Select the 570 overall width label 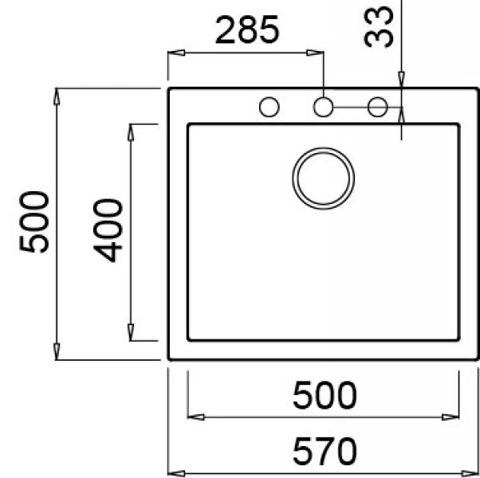point(323,452)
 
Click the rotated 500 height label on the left point(35,222)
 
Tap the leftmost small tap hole point(269,106)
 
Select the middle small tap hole point(322,106)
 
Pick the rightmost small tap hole point(377,106)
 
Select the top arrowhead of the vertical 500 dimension point(57,94)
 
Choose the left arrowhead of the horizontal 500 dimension point(192,415)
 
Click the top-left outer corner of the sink point(170,89)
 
